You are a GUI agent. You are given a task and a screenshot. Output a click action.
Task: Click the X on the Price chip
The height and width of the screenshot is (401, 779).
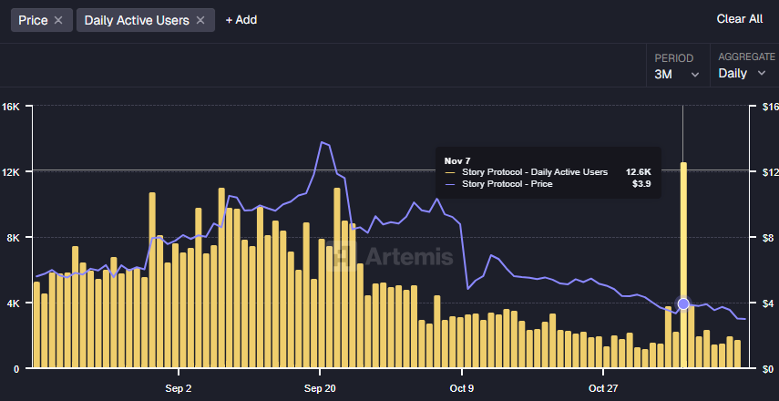click(x=58, y=20)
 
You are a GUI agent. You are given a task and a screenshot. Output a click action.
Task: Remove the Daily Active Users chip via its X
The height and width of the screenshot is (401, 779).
click(x=200, y=20)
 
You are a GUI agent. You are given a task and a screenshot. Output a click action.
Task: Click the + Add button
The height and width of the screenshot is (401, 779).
click(x=241, y=20)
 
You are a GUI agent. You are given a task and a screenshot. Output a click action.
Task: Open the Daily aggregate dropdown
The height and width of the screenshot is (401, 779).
click(x=742, y=73)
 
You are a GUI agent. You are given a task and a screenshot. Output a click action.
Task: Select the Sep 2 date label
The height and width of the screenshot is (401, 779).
click(x=179, y=388)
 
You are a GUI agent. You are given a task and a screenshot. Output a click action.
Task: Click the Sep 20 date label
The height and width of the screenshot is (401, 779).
click(x=320, y=388)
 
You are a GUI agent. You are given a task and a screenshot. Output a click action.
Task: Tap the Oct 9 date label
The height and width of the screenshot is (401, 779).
click(x=462, y=388)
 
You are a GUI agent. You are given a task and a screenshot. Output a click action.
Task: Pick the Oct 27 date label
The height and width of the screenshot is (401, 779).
click(x=603, y=388)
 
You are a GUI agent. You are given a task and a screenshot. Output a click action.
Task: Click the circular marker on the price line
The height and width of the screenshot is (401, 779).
click(x=683, y=303)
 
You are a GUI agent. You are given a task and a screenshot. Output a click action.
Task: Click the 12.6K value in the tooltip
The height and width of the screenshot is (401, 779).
click(x=638, y=171)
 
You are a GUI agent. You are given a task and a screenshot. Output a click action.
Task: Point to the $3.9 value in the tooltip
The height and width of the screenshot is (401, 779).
click(x=641, y=184)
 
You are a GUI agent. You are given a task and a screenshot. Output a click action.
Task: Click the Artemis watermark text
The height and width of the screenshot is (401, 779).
click(x=410, y=257)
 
